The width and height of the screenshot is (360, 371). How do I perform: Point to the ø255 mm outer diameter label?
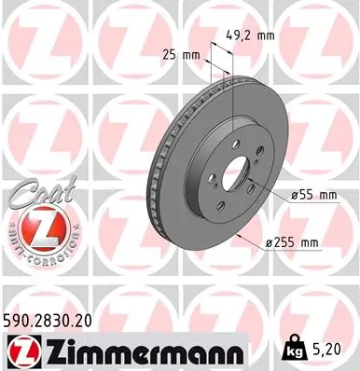(293, 242)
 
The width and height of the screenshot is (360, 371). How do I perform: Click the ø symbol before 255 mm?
(269, 242)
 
